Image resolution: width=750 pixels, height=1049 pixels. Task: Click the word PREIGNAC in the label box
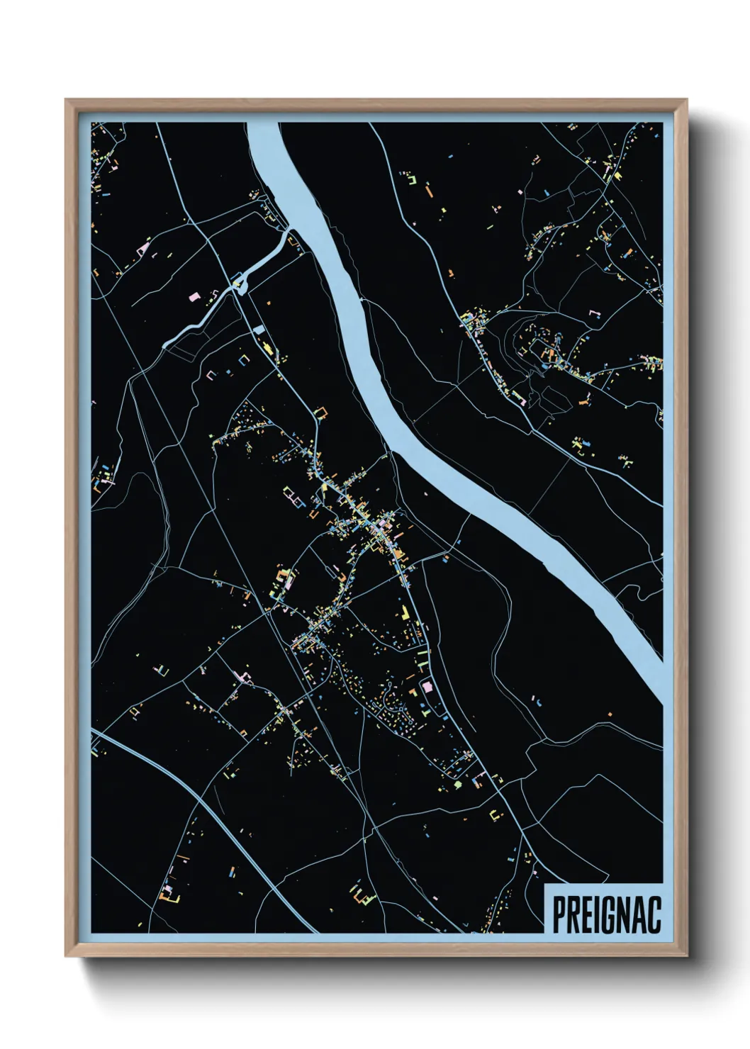[x=606, y=914]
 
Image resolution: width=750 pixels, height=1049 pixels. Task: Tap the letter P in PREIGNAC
[x=559, y=914]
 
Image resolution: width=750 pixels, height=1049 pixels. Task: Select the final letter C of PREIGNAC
[x=654, y=914]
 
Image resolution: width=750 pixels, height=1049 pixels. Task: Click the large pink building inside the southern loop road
[x=427, y=686]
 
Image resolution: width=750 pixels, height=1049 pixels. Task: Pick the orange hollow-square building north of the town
[x=321, y=413]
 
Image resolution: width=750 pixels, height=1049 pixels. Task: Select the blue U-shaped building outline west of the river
[x=245, y=359]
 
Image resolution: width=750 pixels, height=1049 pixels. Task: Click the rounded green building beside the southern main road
[x=458, y=785]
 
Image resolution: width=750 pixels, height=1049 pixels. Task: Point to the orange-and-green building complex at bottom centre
[x=362, y=894]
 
